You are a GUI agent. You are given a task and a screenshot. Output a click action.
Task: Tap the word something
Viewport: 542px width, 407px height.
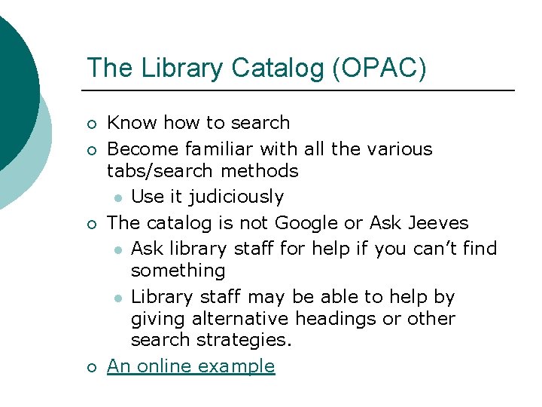[x=178, y=270]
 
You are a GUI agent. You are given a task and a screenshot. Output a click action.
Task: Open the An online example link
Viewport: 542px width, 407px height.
[x=191, y=366]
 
